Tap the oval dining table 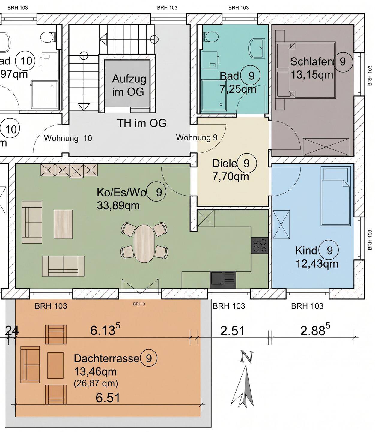[x=144, y=244]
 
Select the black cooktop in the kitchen [x=260, y=246]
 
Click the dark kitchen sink [x=223, y=280]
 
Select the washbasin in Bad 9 [x=257, y=48]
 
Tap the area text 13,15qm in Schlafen [x=312, y=75]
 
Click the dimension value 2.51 [x=232, y=331]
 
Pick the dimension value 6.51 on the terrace [x=108, y=398]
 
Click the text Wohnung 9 [x=197, y=137]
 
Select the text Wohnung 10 [x=68, y=138]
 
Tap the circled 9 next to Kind [x=329, y=250]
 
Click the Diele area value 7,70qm [x=231, y=176]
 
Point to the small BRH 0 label [x=139, y=304]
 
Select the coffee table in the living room [x=63, y=224]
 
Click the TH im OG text [x=141, y=123]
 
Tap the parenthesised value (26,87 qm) [x=96, y=383]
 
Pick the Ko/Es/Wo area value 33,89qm [x=118, y=205]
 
